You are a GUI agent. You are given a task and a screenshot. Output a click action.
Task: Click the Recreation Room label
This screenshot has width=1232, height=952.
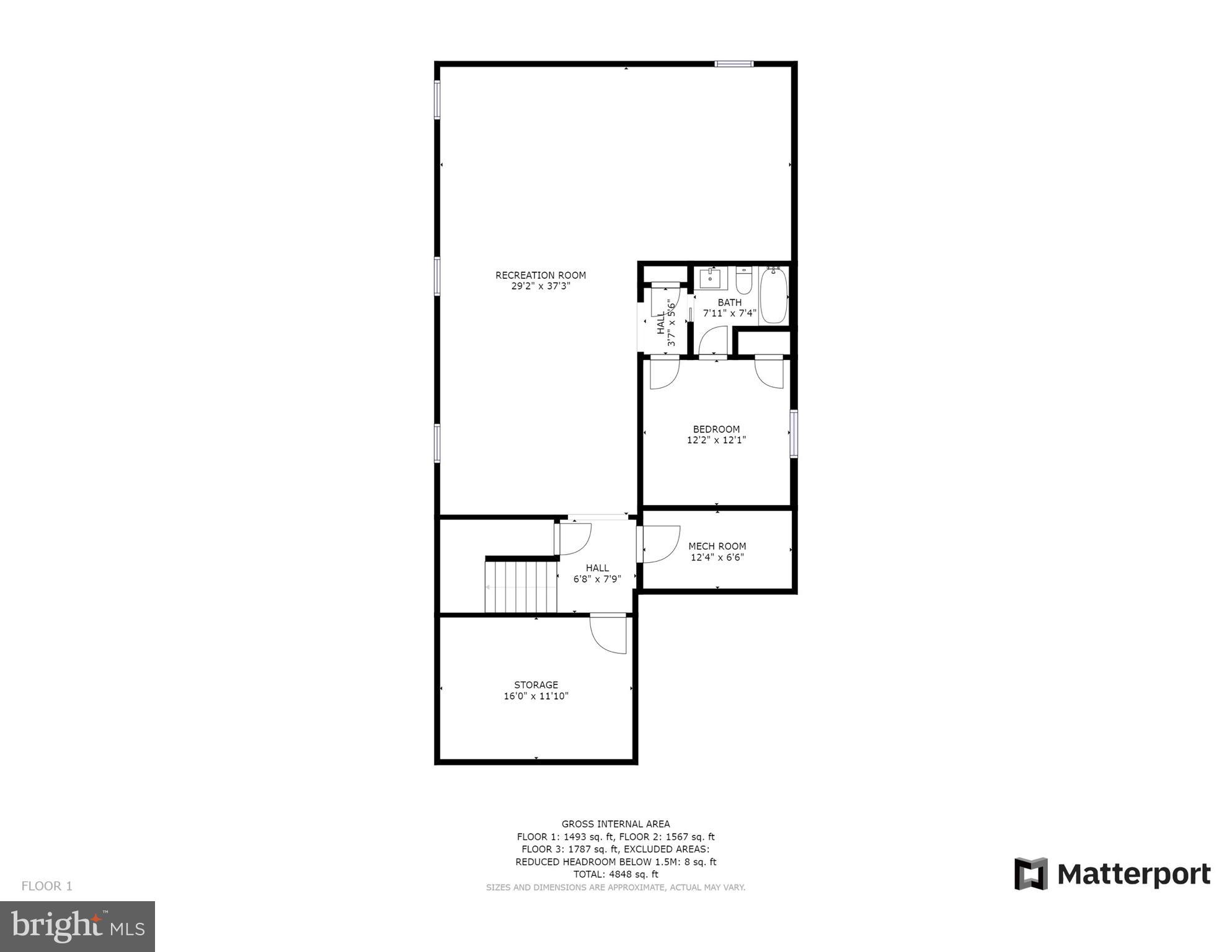(540, 275)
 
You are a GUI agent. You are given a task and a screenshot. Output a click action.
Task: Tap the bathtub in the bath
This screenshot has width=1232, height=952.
(773, 295)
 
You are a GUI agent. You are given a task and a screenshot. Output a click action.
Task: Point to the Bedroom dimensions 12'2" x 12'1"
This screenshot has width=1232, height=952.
(716, 441)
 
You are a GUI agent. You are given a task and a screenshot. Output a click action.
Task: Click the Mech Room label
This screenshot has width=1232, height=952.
(717, 546)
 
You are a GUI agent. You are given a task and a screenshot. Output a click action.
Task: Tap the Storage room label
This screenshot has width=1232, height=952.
(536, 685)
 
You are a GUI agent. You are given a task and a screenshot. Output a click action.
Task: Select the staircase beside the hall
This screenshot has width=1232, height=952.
(521, 586)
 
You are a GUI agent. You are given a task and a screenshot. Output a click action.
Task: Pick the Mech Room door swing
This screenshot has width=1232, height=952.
(661, 544)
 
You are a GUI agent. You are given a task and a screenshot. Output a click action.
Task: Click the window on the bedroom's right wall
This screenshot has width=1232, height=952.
(793, 434)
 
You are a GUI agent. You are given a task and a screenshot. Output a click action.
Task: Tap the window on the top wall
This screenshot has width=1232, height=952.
(733, 64)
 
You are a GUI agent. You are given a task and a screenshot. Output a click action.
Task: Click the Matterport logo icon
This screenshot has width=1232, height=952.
(1030, 874)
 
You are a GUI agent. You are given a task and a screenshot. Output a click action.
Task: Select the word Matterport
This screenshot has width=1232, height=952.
(1133, 875)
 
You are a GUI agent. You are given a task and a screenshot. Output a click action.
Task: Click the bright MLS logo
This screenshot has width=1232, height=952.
(78, 926)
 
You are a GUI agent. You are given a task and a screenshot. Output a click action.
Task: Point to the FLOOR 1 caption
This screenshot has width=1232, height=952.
(47, 886)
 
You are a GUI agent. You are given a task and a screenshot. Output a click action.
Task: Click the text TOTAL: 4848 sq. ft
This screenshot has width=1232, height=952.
(615, 875)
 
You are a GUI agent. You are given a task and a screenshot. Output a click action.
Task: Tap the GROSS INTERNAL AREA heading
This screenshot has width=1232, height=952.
(615, 824)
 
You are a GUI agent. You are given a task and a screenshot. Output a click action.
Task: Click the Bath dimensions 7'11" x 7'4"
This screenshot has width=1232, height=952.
(729, 314)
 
